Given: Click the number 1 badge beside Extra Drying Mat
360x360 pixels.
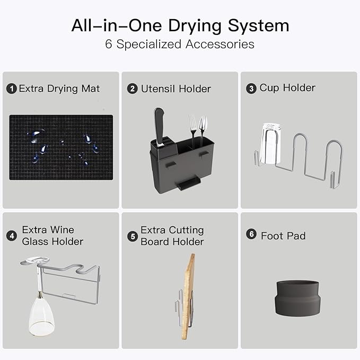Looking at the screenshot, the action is point(12,89).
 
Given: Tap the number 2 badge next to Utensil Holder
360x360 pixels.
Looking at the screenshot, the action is point(133,89).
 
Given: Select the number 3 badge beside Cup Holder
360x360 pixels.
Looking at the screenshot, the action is point(251,89).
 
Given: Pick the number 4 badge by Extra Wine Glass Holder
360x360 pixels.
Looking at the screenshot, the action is point(12,236).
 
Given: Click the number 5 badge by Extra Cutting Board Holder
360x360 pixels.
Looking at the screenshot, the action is point(133,236).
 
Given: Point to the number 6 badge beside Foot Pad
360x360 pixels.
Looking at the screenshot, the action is point(251,234).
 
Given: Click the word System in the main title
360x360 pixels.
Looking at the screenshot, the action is point(258,25).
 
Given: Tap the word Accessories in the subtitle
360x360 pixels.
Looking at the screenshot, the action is point(219,44).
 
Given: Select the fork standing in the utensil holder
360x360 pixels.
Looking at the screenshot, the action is point(192,131).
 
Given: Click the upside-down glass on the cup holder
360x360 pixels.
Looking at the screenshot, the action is point(271,144).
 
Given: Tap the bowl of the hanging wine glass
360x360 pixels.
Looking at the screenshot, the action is point(41,317).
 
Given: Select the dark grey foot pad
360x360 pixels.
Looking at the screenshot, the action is point(297,298).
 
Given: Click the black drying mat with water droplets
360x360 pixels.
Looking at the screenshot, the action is point(61,147).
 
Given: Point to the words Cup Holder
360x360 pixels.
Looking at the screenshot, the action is point(287,88).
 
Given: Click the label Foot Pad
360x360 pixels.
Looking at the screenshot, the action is point(283,236).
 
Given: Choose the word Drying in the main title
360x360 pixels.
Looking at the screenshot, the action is point(195,27).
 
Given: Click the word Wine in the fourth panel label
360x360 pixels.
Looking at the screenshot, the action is point(62,230).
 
